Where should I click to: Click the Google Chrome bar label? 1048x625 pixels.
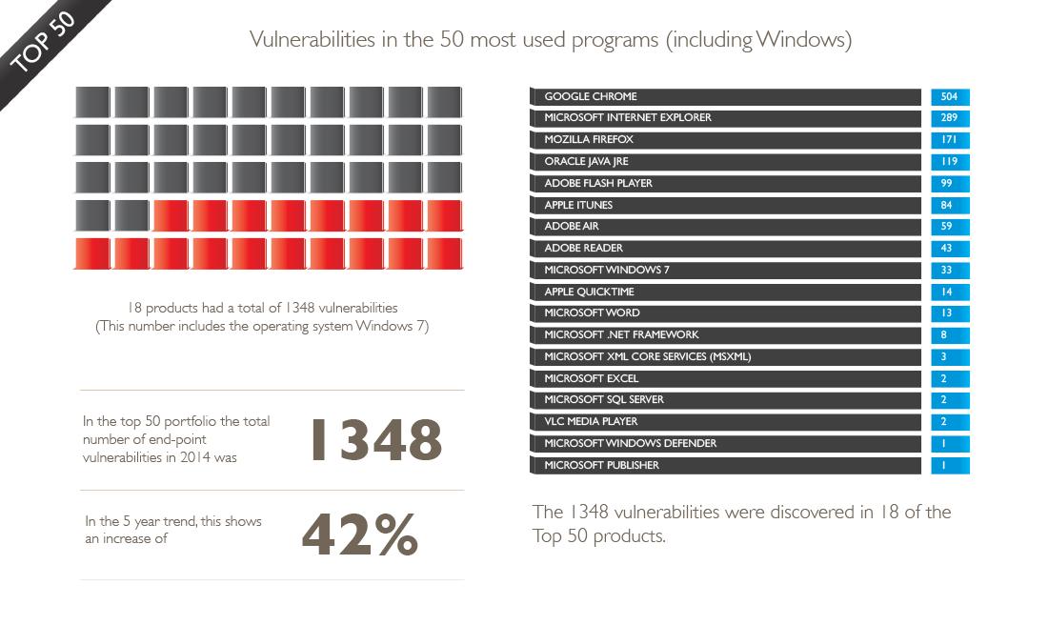(x=590, y=96)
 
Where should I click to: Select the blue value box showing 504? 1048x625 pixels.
(x=950, y=97)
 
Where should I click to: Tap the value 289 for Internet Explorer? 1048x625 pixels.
(x=950, y=118)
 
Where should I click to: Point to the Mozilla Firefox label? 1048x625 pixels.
(x=588, y=140)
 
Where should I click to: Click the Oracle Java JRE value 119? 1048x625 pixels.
(x=950, y=162)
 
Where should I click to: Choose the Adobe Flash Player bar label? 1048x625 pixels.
(x=598, y=183)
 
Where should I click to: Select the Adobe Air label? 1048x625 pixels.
(x=572, y=226)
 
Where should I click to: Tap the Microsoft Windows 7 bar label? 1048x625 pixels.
(x=607, y=270)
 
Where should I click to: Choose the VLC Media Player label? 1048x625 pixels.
(x=591, y=421)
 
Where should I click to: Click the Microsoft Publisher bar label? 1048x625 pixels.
(x=601, y=465)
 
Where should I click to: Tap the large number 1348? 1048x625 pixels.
(x=376, y=440)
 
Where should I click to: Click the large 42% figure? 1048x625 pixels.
(x=360, y=534)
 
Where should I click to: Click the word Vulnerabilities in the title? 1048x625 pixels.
(x=312, y=39)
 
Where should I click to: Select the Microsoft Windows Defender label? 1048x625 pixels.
(x=631, y=443)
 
